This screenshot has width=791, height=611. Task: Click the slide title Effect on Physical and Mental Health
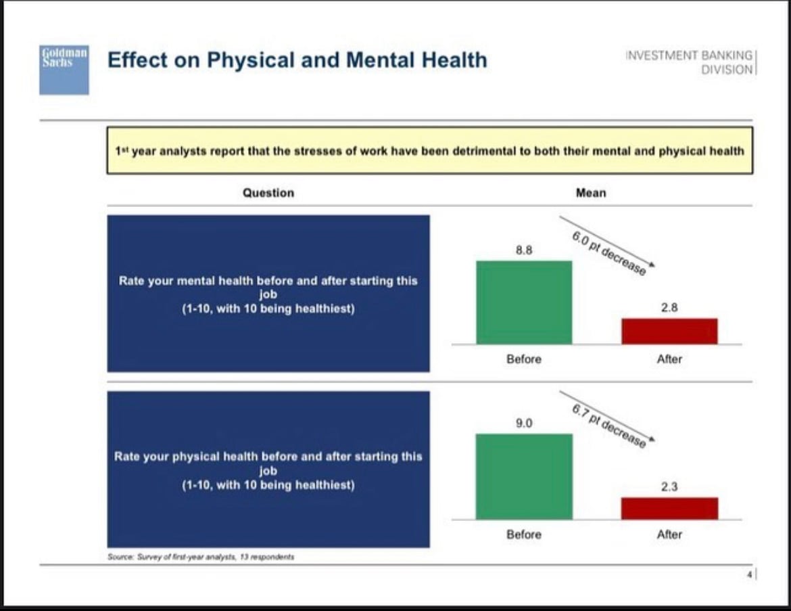297,60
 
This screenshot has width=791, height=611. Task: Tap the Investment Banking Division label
689,62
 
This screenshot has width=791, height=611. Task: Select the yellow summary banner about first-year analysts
429,150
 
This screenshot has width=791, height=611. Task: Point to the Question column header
268,193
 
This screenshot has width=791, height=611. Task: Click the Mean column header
591,193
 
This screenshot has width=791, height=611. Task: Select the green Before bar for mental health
524,302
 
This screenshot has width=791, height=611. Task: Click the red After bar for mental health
669,331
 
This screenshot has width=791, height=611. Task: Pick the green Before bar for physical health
524,476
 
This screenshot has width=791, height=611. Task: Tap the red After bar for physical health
669,508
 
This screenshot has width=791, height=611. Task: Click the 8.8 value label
524,250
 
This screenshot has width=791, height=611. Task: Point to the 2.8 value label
669,307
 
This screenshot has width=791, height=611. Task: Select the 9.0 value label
524,424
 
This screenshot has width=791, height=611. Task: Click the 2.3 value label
669,486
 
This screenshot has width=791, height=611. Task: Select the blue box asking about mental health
268,294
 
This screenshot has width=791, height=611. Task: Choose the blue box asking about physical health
268,469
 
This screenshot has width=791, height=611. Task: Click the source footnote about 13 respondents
201,557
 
